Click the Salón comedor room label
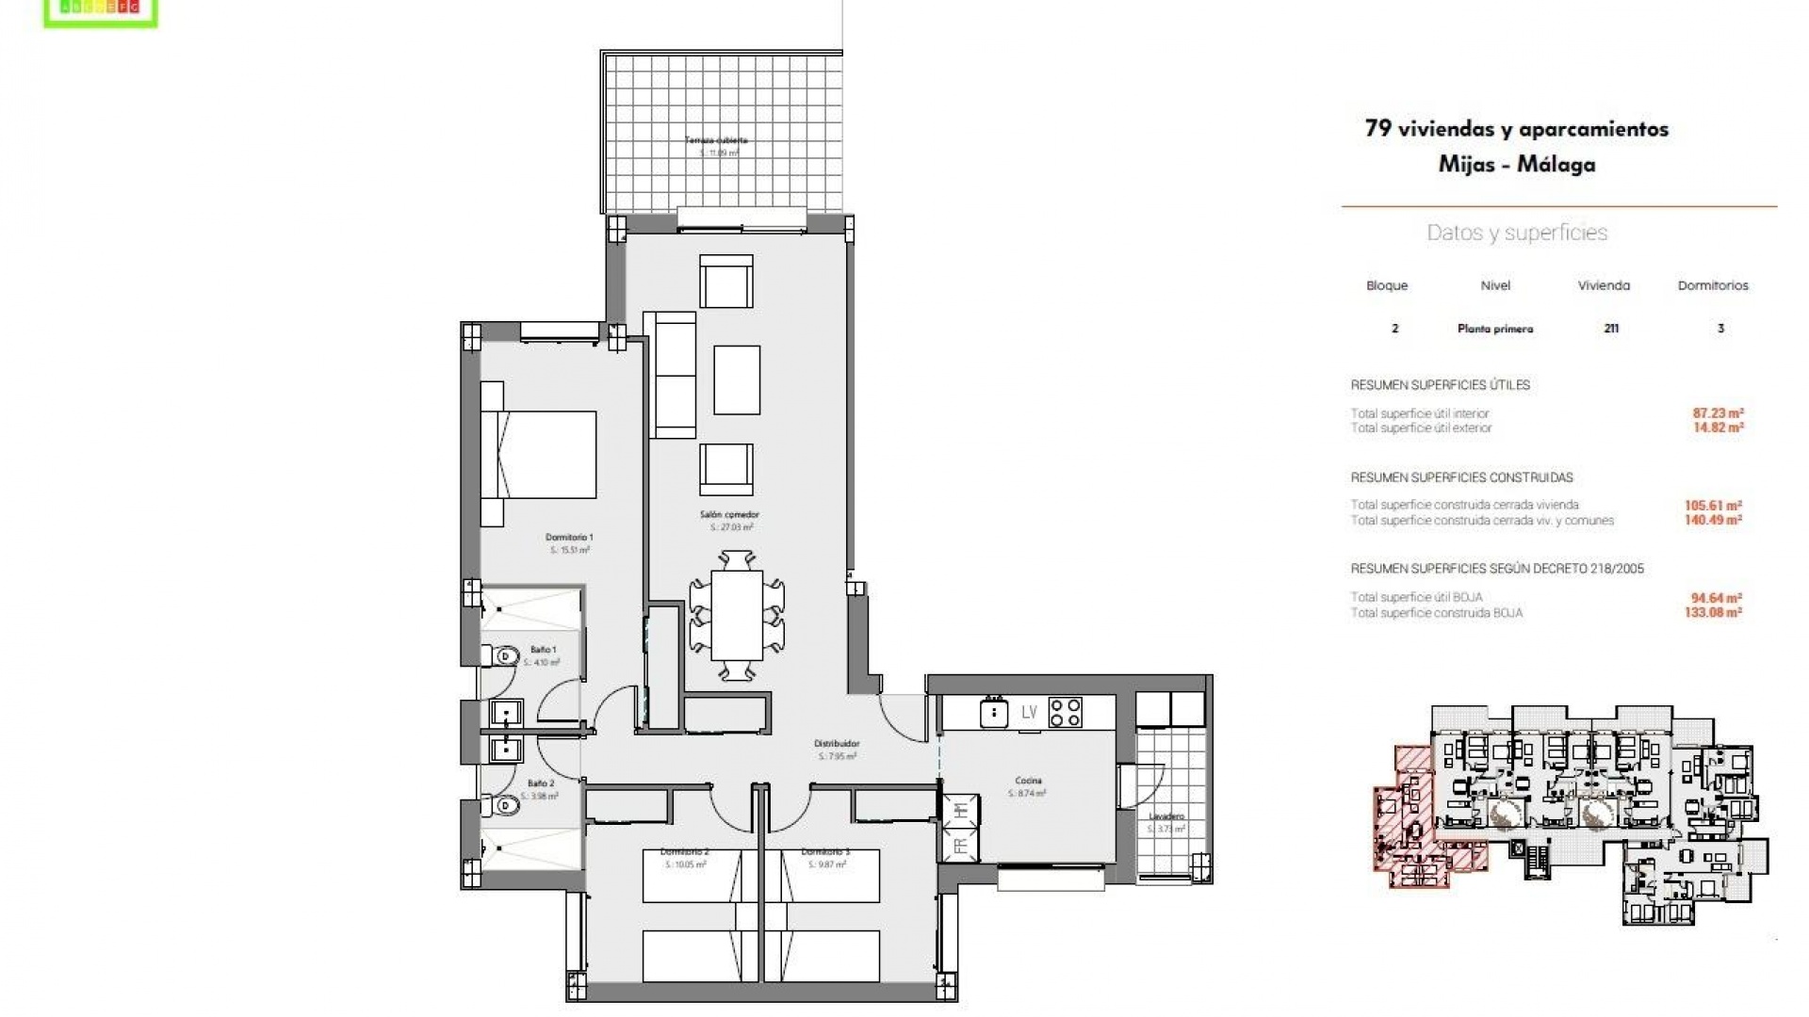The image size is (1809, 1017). [x=729, y=515]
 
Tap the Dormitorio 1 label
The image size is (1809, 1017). [x=569, y=538]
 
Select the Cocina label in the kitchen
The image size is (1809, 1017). [x=1028, y=781]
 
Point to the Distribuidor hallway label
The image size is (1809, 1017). [x=837, y=744]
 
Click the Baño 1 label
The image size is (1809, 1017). [x=543, y=650]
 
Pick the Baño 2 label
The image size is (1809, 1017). [x=540, y=783]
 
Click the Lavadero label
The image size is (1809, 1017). [x=1166, y=816]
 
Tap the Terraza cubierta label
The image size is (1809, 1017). [x=716, y=140]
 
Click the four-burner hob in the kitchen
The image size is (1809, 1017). [x=1066, y=712]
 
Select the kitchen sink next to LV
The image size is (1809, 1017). [x=993, y=713]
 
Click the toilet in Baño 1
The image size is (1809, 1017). [x=503, y=654]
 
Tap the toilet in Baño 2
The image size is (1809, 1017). [x=503, y=806]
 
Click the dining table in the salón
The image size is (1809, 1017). [x=737, y=616]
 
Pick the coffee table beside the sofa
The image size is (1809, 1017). [x=737, y=379]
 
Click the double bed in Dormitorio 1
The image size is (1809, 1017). [x=539, y=454]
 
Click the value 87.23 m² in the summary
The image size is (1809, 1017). [x=1718, y=412]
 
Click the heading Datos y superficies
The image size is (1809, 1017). [x=1517, y=234]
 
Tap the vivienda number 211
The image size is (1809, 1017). [x=1611, y=329]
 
